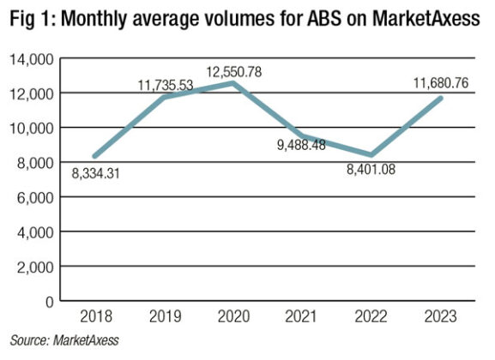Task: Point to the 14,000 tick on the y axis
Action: click(31, 58)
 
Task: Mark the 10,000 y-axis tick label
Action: click(31, 128)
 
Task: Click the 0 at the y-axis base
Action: click(48, 301)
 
